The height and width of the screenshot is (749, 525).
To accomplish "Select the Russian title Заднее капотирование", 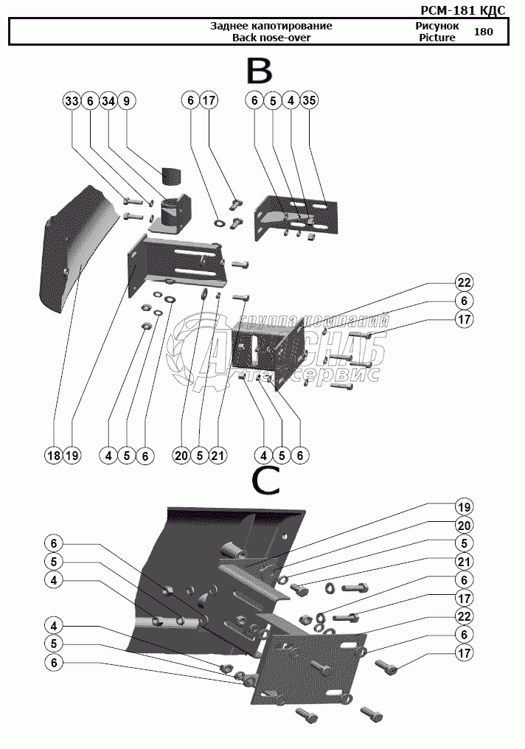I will click(271, 26).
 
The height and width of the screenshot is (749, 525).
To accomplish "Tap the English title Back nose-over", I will click(271, 38).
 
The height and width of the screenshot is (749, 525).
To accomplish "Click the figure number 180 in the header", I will click(484, 32).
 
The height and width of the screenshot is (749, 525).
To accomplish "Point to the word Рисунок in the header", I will click(437, 26).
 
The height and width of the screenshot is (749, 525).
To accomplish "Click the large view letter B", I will click(260, 72).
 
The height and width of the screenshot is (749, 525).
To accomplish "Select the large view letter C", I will click(265, 481).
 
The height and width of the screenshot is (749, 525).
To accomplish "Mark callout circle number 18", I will click(53, 456).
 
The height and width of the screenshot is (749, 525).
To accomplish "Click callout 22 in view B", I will click(463, 282).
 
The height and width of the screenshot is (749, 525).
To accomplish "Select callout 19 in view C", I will click(463, 507).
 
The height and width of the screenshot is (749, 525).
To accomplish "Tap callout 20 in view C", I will click(463, 525).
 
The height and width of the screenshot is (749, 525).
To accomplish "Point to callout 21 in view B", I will click(218, 456).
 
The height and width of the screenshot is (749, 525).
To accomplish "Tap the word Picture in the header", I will click(437, 38).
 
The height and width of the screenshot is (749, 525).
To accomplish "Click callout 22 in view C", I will click(463, 616).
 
